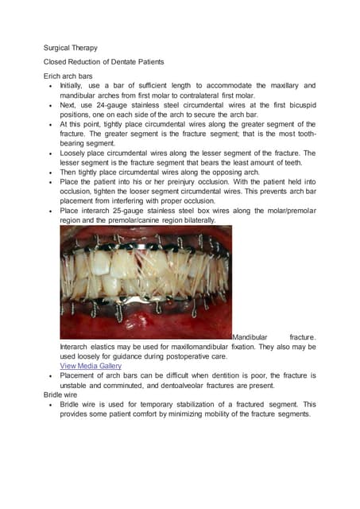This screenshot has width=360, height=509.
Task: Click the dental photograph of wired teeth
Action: (145, 282)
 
